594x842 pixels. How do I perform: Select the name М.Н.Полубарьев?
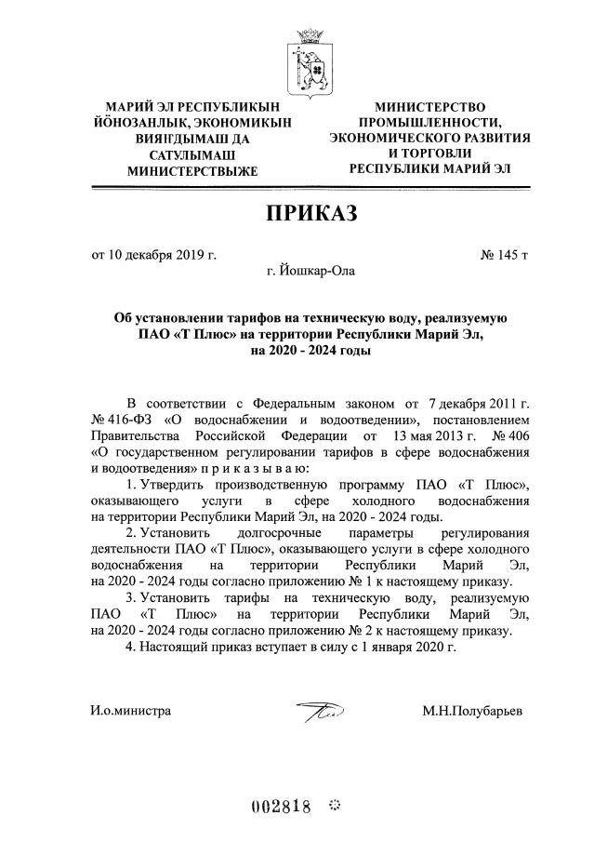[472, 711]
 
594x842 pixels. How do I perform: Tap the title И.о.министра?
[131, 711]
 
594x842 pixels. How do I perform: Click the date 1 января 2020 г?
[411, 646]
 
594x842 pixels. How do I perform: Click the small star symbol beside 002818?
[336, 805]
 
